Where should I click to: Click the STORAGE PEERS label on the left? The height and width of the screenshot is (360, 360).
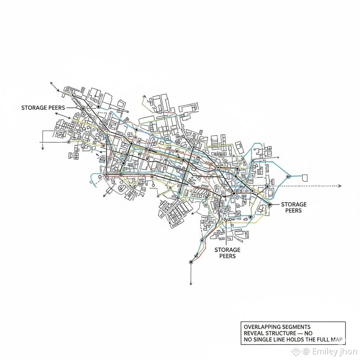tap(43, 108)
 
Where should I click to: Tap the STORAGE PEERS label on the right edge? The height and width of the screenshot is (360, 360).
tap(294, 207)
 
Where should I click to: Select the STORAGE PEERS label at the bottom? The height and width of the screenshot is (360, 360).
tap(227, 253)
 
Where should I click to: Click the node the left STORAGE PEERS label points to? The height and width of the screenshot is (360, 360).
tap(83, 109)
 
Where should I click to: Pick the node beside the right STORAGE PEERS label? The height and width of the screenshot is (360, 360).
tap(270, 204)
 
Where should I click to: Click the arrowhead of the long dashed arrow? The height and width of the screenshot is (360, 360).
tap(339, 186)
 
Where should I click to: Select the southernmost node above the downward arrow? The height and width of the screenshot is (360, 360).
tap(191, 262)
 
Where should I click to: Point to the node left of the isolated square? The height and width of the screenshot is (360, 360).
tap(289, 176)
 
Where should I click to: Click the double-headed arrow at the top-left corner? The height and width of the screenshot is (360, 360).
tap(54, 87)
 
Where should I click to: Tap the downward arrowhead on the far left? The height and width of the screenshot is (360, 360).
tap(43, 148)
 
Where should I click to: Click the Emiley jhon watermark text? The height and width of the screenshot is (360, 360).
tap(330, 351)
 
